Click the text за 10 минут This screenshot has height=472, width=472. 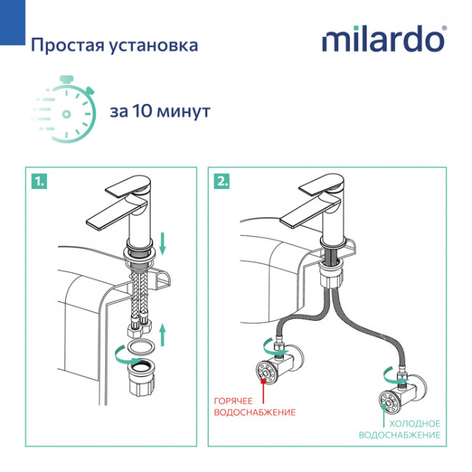[x=160, y=112]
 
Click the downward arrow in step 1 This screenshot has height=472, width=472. [x=163, y=243]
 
